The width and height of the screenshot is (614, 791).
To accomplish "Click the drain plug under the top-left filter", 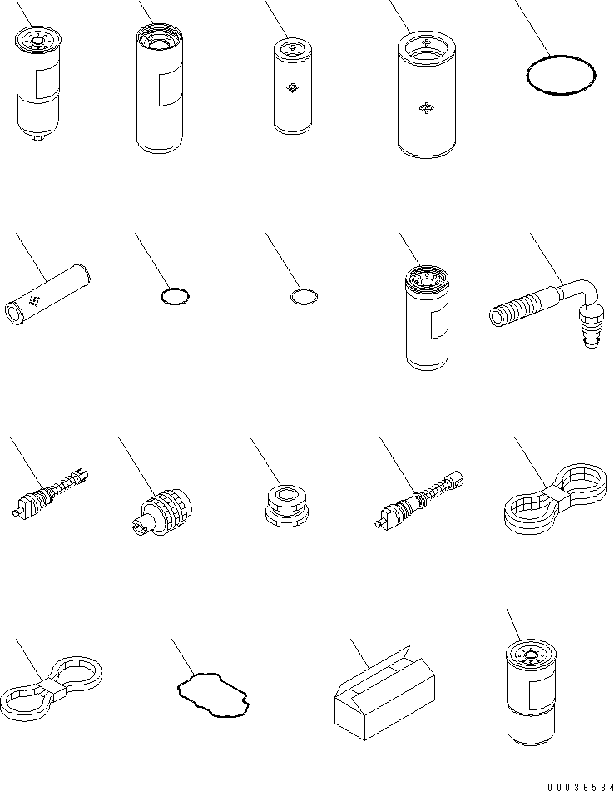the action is pos(37,138).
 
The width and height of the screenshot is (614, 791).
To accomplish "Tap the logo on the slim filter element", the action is pos(292,88).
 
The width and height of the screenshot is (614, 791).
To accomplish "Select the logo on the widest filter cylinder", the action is pos(427,108).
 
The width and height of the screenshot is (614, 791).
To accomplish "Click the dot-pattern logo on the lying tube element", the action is pos(34,300).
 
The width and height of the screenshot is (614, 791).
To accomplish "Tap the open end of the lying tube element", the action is pos(14,314).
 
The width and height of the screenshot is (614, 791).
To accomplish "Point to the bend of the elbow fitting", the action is pos(587,291).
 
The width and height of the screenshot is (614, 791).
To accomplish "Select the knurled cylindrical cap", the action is pos(166,510).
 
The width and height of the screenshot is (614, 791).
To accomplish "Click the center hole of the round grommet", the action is pos(286,493).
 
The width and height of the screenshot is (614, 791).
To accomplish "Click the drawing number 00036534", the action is pos(581,787).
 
